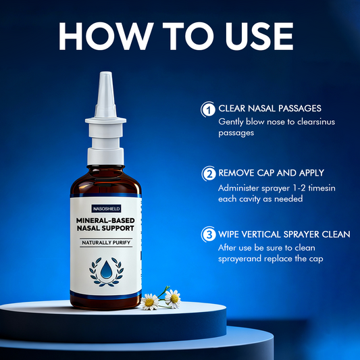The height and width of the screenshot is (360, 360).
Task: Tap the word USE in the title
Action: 259,36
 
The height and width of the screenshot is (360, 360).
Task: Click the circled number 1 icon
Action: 208,109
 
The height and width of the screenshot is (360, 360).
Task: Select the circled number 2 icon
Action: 209,174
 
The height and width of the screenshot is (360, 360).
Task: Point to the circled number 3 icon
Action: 209,234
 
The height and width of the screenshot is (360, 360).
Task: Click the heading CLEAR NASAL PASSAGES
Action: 269,108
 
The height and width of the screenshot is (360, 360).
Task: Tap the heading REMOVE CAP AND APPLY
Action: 271,173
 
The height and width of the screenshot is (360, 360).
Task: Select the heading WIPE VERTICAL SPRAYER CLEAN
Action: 284,234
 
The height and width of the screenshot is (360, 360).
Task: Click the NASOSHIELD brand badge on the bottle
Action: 106,209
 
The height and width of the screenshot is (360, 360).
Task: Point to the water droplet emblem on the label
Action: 106,269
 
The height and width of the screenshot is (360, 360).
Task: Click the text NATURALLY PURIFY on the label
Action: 106,242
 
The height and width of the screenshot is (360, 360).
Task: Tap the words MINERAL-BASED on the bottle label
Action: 105,220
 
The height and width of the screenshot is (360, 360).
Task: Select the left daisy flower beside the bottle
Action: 149,302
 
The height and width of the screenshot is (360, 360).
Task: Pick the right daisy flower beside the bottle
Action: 173,299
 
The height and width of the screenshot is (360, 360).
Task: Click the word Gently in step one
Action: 231,122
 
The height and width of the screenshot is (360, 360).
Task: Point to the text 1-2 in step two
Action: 299,188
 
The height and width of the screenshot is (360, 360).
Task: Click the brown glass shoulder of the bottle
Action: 105,182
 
